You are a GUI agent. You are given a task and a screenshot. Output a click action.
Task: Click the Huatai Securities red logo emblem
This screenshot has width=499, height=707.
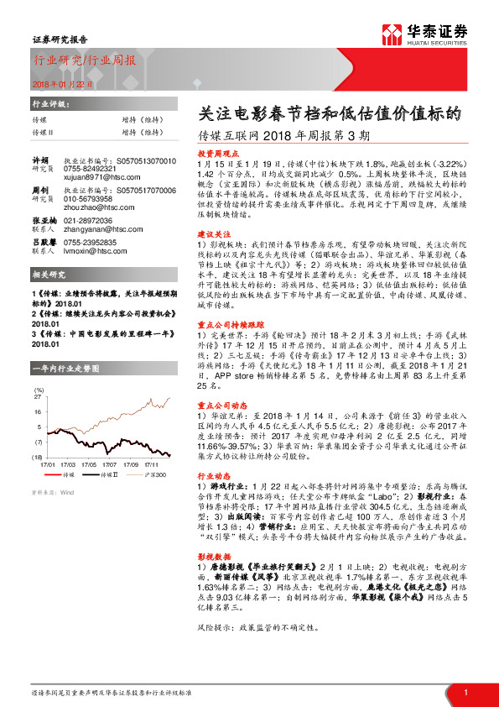tap(390, 34)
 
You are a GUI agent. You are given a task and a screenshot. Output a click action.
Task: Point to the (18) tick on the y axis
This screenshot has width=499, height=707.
tap(37, 456)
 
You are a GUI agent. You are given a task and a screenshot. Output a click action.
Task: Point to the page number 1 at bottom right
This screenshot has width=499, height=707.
tap(465, 692)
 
